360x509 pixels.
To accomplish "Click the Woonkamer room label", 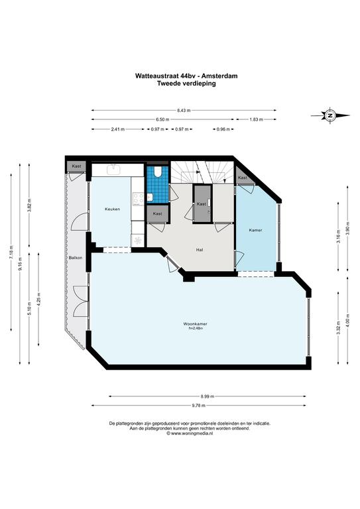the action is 195,324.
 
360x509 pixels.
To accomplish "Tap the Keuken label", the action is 112,209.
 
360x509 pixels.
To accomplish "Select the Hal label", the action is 200,250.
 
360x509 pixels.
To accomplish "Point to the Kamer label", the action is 255,230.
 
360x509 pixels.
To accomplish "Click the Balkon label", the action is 76,257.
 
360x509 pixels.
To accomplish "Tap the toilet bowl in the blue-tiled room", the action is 158,172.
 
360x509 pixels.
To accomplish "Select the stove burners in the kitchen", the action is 138,199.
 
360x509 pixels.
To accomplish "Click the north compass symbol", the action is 330,115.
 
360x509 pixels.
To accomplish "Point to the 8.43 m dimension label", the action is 184,111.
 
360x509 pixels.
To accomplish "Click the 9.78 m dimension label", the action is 198,405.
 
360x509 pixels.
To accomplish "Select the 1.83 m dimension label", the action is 256,119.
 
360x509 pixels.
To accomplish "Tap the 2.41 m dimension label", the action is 118,129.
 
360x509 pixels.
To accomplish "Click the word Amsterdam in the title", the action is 219,76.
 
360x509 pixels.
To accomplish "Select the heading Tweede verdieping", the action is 187,83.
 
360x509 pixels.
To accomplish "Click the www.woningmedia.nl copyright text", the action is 190,433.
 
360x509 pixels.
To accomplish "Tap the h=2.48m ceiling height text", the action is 196,328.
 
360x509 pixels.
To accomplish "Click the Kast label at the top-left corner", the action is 77,166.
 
